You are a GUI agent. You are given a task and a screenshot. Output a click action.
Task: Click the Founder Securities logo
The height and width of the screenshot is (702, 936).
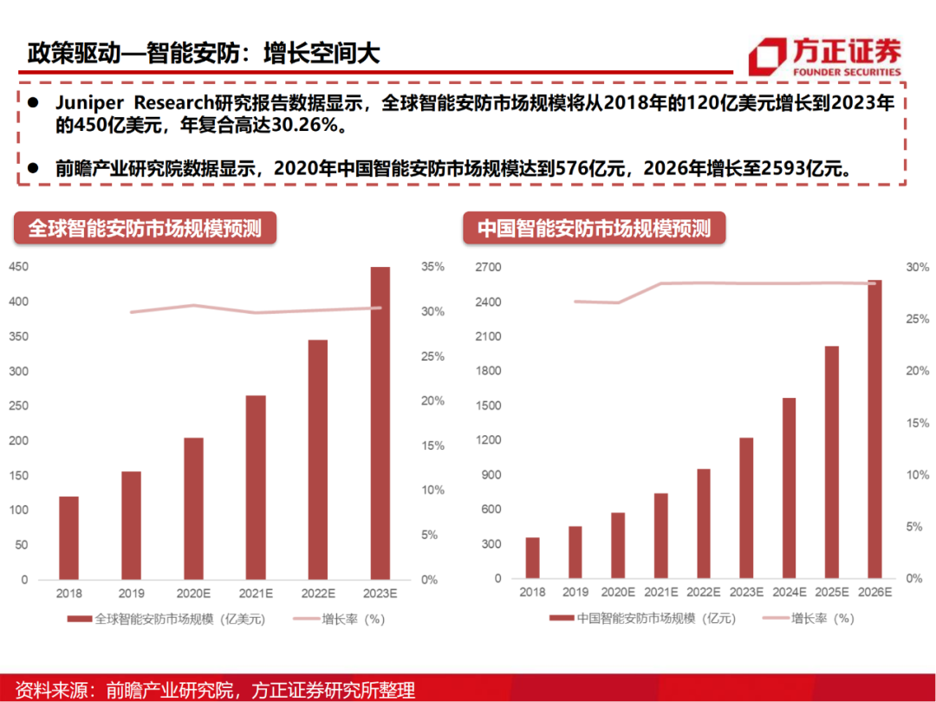point(824,56)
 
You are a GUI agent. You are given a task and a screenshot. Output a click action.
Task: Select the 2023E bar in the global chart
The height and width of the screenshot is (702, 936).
point(380,423)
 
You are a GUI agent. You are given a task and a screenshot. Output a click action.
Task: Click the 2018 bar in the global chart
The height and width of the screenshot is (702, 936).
point(68,537)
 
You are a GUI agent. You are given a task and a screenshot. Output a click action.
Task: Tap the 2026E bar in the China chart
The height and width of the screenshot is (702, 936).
point(874,429)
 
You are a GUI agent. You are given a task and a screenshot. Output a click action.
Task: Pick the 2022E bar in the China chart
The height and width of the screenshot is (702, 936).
point(704,523)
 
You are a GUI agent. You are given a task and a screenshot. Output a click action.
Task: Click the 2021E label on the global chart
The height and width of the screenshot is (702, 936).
point(256,593)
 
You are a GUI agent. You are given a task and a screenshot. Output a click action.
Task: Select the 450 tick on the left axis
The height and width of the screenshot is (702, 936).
point(17,267)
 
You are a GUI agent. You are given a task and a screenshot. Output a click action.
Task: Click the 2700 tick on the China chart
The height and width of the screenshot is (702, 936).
point(489,267)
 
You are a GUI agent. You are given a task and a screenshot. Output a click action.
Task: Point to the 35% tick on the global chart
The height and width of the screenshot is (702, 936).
point(432,267)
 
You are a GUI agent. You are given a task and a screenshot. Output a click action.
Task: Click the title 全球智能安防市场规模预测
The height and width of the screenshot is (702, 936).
point(145,229)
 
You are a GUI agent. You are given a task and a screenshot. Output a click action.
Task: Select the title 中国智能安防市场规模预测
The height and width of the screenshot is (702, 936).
point(594,229)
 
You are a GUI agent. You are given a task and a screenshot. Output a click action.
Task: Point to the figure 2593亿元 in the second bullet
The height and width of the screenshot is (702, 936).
point(802,168)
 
